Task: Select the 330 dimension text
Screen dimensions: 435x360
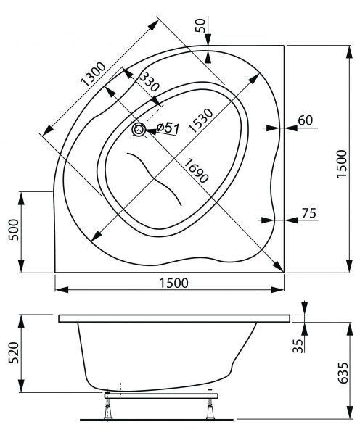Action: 148,86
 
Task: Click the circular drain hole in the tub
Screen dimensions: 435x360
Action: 138,130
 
